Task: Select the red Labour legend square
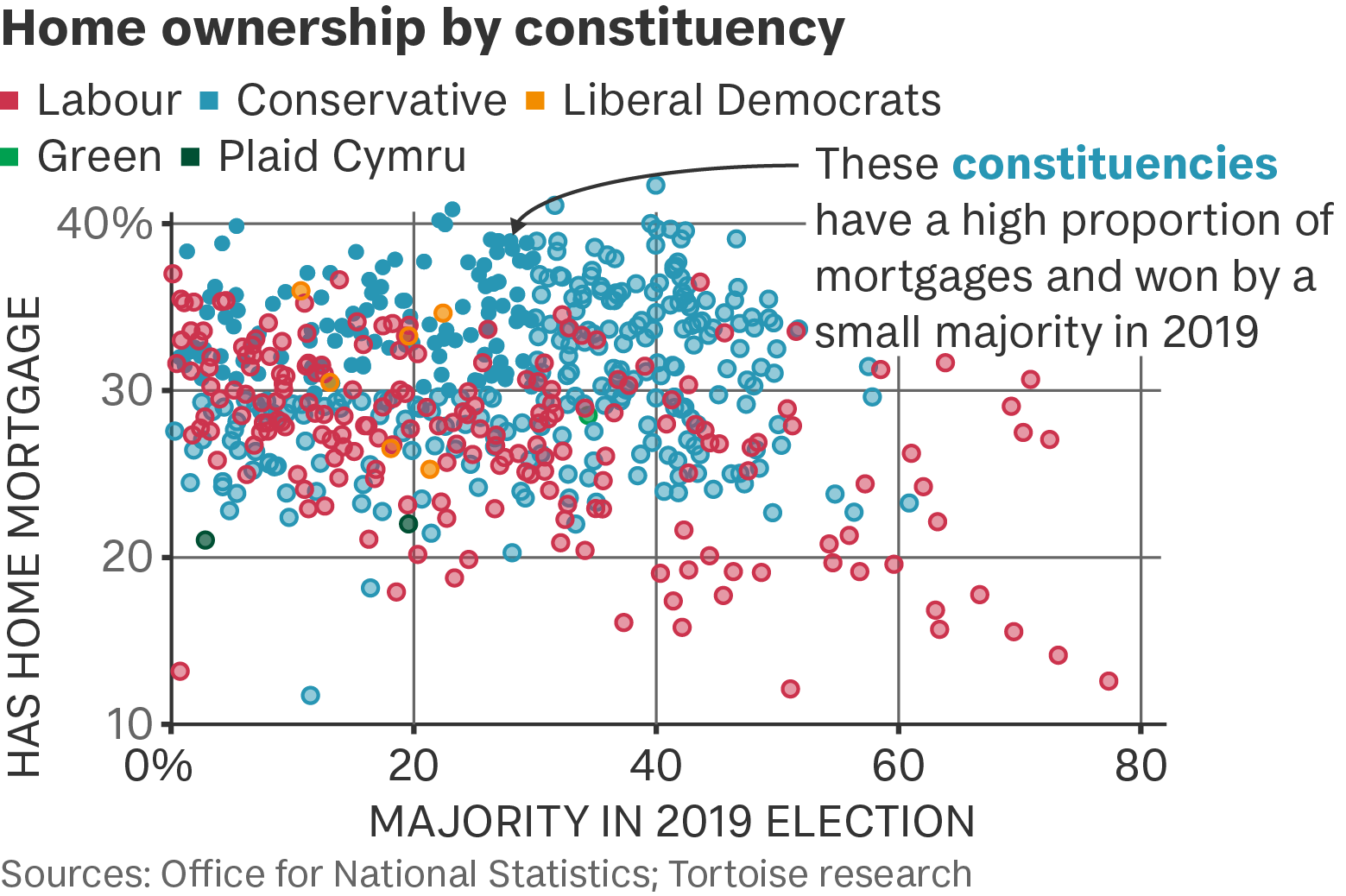coord(9,100)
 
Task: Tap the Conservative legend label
coord(372,100)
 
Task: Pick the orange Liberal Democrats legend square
coord(534,100)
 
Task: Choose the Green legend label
coord(100,156)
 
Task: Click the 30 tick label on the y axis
coord(125,391)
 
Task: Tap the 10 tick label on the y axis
coord(129,725)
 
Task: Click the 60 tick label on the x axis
coord(898,767)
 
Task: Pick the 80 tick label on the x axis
coord(1141,767)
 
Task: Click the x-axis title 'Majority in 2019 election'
coord(671,822)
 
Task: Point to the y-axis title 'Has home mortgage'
coord(25,537)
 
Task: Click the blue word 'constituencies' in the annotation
coord(1115,163)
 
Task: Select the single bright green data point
coord(588,414)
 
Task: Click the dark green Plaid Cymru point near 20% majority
coord(408,524)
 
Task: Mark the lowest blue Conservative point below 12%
coord(310,696)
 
